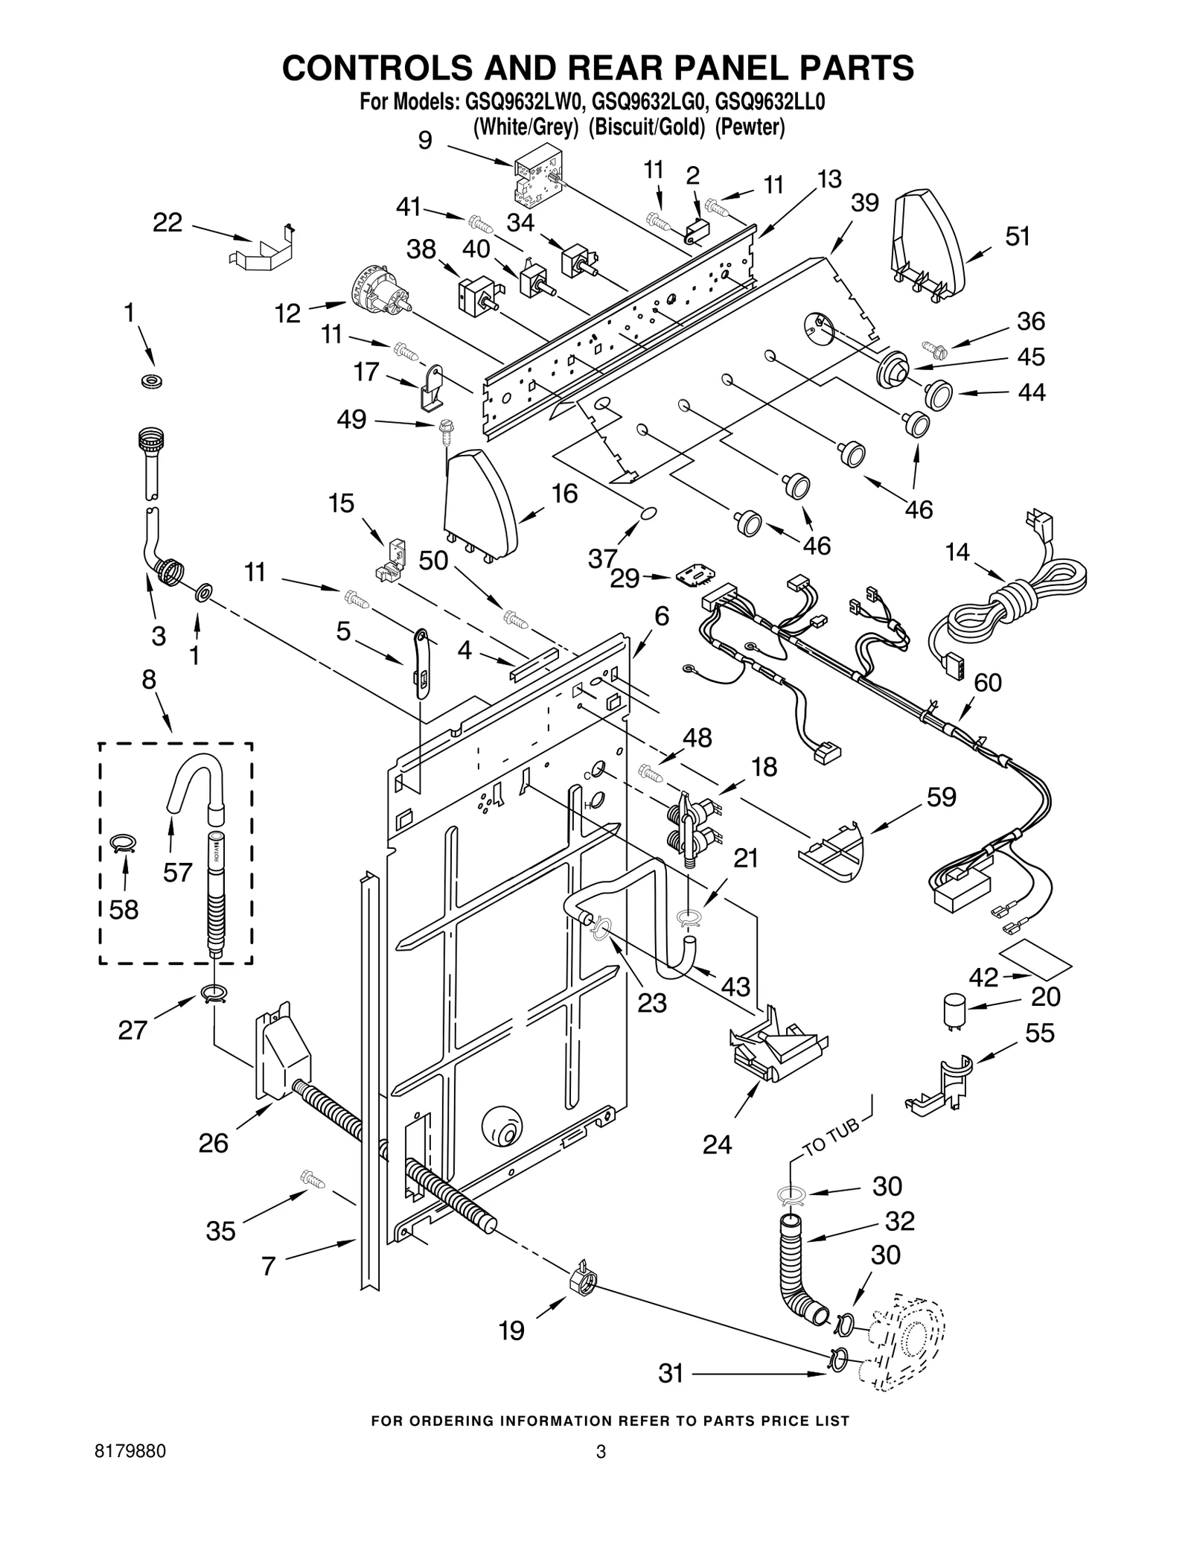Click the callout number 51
pos(1017,236)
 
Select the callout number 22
pos(167,222)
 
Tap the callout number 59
pos(941,797)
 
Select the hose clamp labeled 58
pos(124,843)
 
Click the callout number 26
pos(213,1142)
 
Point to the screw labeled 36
pos(931,346)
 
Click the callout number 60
pos(988,682)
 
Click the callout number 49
pos(351,419)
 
